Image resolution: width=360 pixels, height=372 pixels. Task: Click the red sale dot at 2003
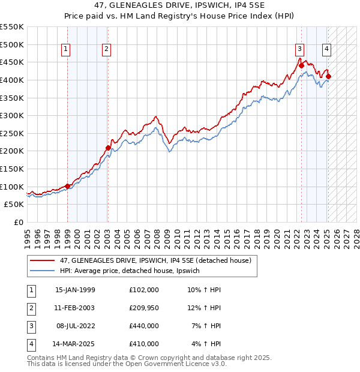pyautogui.click(x=108, y=148)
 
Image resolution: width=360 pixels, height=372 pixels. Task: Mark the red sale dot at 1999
pyautogui.click(x=68, y=186)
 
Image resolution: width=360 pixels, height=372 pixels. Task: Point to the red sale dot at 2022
pyautogui.click(x=301, y=66)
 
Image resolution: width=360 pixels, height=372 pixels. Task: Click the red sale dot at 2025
pyautogui.click(x=328, y=76)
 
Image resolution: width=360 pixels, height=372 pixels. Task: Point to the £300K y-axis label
pyautogui.click(x=12, y=115)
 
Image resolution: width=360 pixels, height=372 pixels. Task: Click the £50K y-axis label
pyautogui.click(x=14, y=205)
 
